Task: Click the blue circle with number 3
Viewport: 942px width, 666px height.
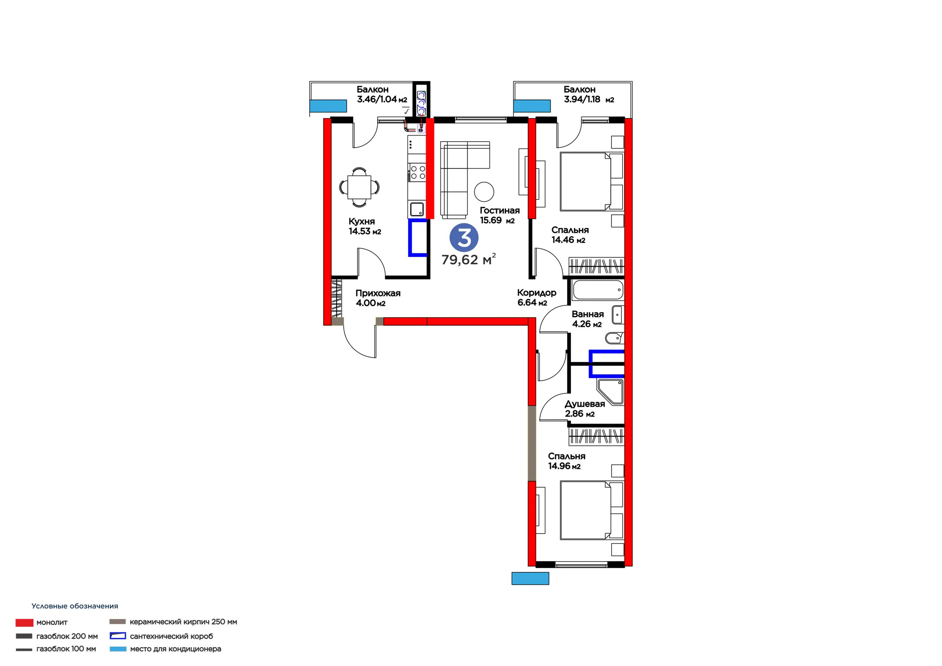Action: (x=464, y=237)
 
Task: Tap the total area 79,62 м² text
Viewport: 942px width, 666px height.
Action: (x=468, y=259)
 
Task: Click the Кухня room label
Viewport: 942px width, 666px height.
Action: (x=361, y=221)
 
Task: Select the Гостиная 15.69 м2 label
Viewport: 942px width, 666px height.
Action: (x=500, y=215)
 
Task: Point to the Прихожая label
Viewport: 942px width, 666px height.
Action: (x=378, y=293)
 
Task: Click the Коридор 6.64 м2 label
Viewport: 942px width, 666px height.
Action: (x=536, y=298)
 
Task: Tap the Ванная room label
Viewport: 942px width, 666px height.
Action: (x=588, y=314)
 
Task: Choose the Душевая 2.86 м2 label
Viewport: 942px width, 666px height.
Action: (x=585, y=409)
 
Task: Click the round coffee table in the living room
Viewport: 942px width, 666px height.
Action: (x=484, y=192)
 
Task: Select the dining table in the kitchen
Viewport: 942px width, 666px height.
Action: (x=360, y=187)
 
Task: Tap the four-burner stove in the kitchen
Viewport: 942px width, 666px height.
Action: (x=418, y=172)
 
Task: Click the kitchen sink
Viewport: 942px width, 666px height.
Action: (x=417, y=210)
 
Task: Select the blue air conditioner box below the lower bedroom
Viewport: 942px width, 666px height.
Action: (x=530, y=578)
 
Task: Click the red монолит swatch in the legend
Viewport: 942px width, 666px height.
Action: (x=24, y=623)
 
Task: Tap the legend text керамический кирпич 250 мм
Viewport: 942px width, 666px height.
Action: (x=183, y=622)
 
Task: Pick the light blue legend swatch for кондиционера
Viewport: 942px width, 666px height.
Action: (x=118, y=649)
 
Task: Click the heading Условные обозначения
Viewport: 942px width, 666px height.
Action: (x=75, y=606)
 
